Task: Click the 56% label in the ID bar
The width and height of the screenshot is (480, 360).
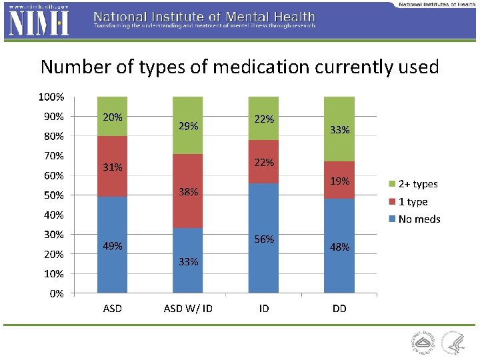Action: [x=264, y=239]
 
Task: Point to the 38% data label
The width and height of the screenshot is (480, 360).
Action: [x=188, y=192]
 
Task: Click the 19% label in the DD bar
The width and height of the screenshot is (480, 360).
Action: [x=340, y=181]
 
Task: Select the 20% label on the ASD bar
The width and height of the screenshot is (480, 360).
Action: [x=112, y=117]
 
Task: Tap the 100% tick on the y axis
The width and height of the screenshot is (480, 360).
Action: [x=51, y=97]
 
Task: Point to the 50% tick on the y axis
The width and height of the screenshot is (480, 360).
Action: [x=53, y=195]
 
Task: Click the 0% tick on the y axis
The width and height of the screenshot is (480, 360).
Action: [x=56, y=293]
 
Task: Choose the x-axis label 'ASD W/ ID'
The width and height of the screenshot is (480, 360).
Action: [x=188, y=309]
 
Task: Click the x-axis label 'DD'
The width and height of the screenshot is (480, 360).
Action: [x=339, y=309]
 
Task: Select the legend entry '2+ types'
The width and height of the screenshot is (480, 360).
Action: [x=417, y=184]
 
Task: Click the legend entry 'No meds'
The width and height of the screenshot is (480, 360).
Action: [x=419, y=219]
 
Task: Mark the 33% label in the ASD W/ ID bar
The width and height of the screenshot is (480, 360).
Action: [x=188, y=262]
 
